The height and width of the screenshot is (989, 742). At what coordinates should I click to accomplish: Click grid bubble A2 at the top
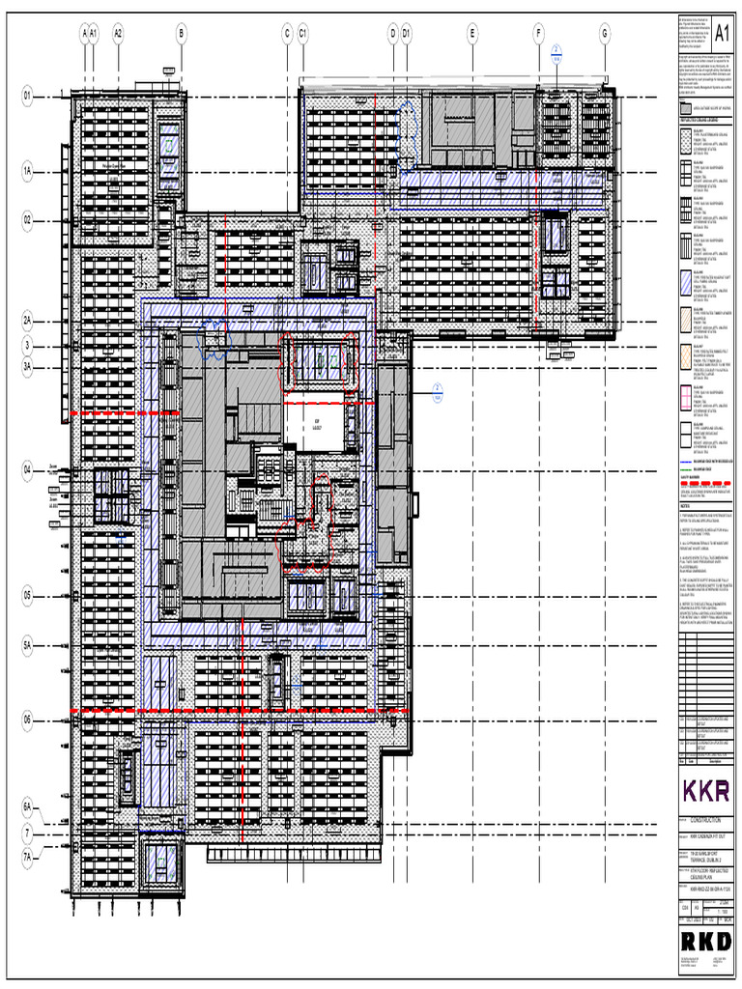tap(118, 34)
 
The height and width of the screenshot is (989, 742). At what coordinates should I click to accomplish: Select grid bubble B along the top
tap(181, 34)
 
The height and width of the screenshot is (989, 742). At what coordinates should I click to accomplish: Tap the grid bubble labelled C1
tap(302, 34)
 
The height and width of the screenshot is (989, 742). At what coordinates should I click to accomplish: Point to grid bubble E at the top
tap(472, 34)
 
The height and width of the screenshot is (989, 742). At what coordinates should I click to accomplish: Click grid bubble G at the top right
tap(605, 34)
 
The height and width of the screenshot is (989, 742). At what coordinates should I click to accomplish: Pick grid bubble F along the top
tap(538, 34)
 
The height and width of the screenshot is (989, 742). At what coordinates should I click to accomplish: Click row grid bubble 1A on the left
tap(28, 171)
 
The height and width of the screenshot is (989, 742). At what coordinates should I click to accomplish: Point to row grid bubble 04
tap(28, 469)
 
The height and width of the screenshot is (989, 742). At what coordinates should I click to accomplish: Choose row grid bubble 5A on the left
tap(28, 644)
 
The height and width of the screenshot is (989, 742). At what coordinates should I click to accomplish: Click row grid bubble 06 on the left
tap(28, 720)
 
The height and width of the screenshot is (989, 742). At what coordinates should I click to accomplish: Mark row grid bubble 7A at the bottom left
tap(28, 856)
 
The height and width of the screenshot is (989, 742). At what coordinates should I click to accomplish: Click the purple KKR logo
tap(706, 789)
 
